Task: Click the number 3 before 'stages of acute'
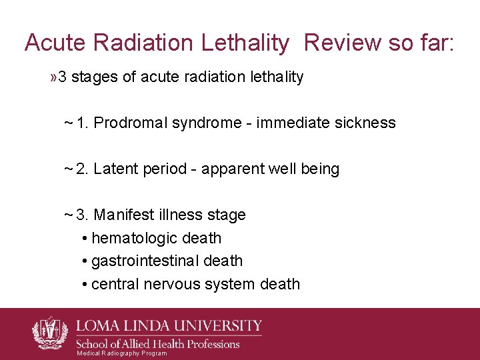[x=62, y=77]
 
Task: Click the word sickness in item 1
[x=365, y=123]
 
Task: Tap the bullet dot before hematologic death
[x=85, y=239]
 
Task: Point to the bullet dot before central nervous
[x=85, y=285]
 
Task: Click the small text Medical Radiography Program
[x=122, y=353]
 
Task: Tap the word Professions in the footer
[x=206, y=343]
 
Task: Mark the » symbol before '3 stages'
[x=53, y=77]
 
